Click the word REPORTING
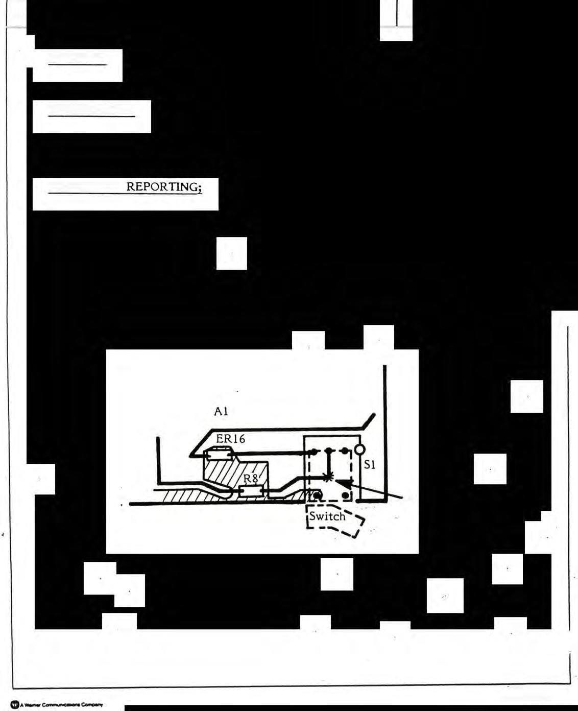[161, 187]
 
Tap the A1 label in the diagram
[221, 412]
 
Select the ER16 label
[230, 439]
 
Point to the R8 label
[251, 479]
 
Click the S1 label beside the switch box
[370, 465]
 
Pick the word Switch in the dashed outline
[327, 516]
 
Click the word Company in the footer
[92, 705]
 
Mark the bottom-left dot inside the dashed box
[317, 495]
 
